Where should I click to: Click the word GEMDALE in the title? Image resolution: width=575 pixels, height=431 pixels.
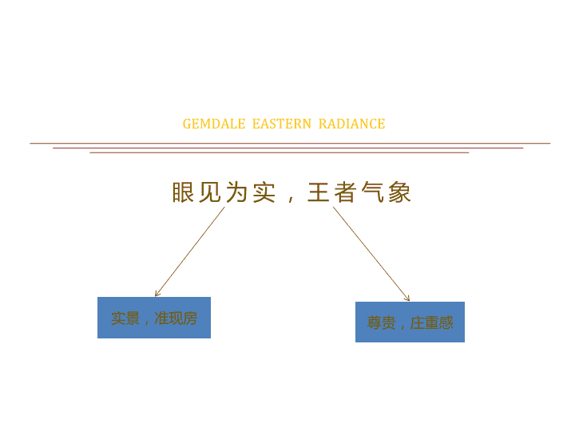(x=214, y=124)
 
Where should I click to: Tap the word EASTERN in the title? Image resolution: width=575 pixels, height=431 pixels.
(x=282, y=124)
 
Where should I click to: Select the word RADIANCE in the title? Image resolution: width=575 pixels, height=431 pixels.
(x=351, y=124)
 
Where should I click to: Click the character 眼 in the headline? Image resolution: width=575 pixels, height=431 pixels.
(x=184, y=192)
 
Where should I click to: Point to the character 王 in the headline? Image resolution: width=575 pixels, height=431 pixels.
(x=319, y=192)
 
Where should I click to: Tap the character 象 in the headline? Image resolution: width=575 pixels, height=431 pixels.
(x=399, y=192)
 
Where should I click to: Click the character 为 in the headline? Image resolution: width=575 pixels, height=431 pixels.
(x=236, y=192)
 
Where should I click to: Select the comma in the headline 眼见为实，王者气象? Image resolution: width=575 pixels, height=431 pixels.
(x=291, y=199)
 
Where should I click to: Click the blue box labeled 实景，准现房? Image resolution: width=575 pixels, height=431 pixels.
(x=154, y=318)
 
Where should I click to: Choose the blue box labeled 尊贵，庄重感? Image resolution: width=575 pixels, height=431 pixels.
(x=410, y=322)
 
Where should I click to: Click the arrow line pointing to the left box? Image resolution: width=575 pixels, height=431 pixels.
(x=190, y=251)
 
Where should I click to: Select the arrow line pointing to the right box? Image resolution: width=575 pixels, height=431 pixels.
(x=371, y=254)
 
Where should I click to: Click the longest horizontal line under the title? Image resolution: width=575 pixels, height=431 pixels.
(x=290, y=144)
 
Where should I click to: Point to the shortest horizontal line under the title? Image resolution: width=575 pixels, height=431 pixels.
(x=280, y=152)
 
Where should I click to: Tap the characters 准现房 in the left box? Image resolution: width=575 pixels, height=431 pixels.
(x=176, y=318)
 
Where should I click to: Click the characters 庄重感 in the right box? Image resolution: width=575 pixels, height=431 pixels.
(x=431, y=323)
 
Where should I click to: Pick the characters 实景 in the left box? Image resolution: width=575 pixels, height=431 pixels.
(x=125, y=318)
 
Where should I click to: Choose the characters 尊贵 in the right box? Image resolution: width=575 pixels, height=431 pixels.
(x=382, y=323)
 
